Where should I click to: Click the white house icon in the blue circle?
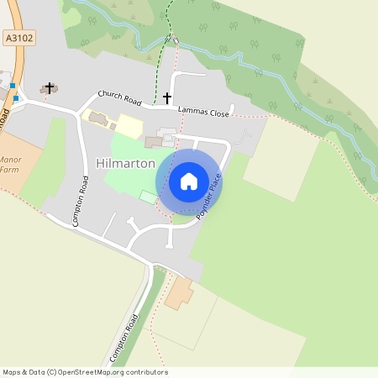coord(189,181)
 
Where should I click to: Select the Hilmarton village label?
coord(125,163)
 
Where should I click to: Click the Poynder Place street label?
coord(208,197)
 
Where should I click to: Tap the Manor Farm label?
coord(11,163)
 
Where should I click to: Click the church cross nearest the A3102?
coord(50,87)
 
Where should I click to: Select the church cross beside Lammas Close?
coord(166,98)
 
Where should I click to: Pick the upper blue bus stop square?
coord(13,85)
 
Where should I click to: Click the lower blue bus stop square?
coord(15,98)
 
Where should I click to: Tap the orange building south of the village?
coord(179,294)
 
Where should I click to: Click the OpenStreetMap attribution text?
coord(85,372)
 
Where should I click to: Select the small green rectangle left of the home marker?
coord(149,197)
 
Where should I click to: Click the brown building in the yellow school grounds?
coord(95,118)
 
